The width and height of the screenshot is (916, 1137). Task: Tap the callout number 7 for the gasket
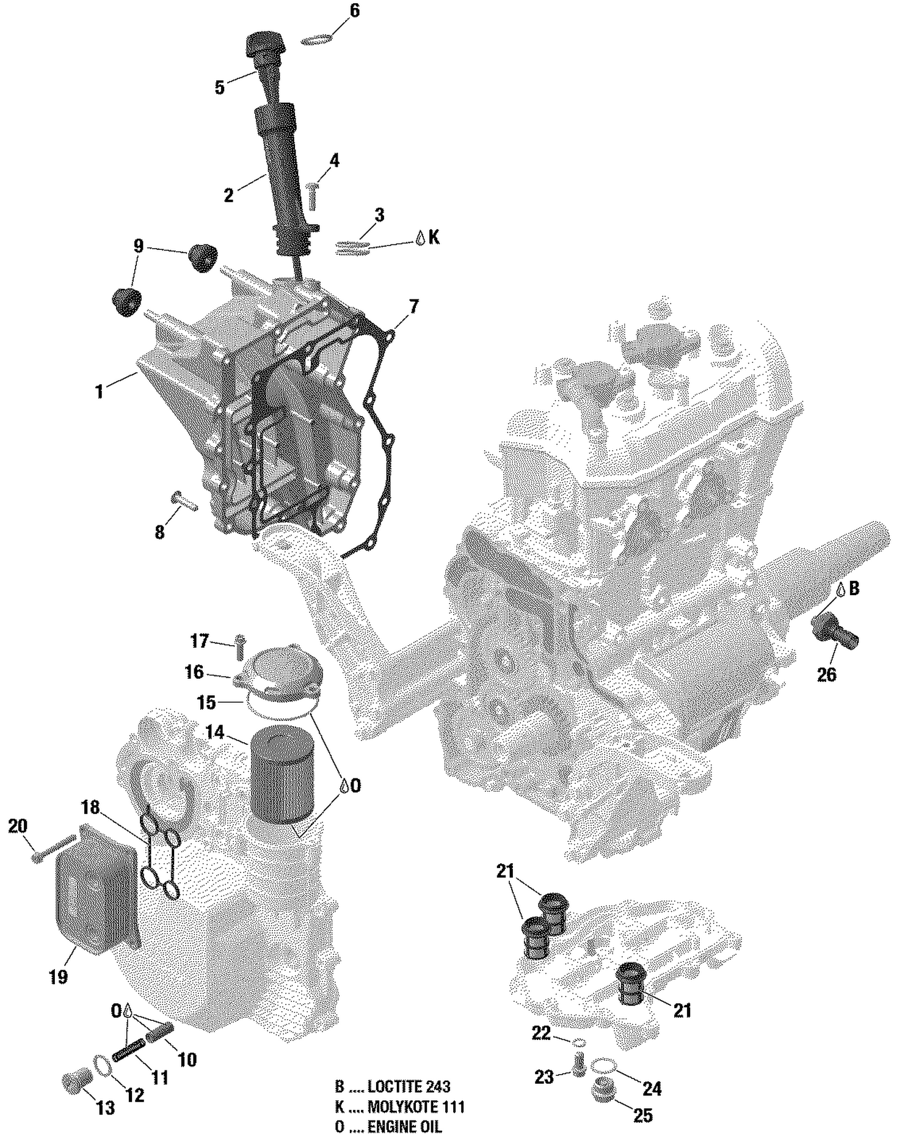(x=413, y=306)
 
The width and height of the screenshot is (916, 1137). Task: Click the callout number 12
(x=134, y=1095)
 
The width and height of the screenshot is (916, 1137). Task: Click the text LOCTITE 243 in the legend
(x=409, y=1086)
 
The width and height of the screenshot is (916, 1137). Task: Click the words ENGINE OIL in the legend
(x=404, y=1127)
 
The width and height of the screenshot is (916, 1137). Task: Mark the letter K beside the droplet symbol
(x=434, y=237)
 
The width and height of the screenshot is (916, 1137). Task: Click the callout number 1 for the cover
(x=100, y=392)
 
